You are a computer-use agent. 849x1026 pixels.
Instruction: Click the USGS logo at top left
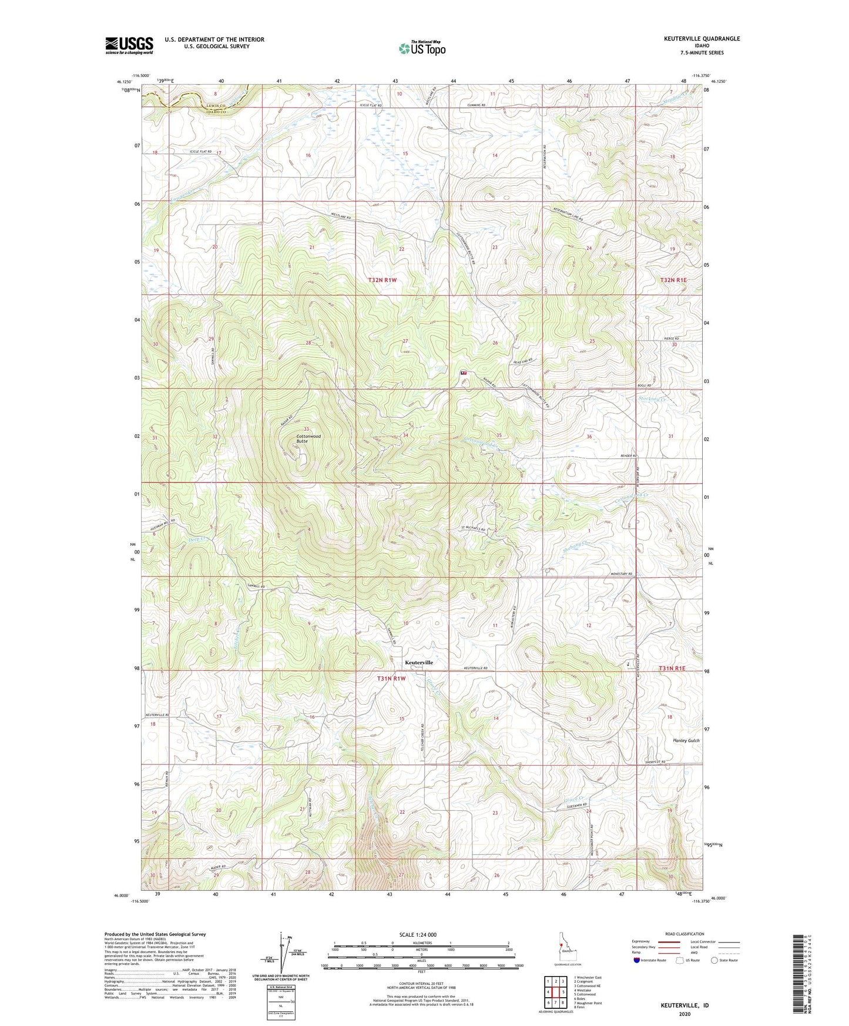tap(129, 45)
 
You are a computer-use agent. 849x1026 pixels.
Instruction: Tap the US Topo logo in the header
tap(422, 48)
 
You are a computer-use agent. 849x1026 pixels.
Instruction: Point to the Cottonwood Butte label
tap(308, 438)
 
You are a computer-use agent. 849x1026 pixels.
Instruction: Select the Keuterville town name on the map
tap(419, 662)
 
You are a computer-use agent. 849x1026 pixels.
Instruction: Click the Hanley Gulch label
tap(686, 740)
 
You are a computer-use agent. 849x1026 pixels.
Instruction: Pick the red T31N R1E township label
tap(672, 669)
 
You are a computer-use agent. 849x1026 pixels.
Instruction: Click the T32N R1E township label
tap(673, 280)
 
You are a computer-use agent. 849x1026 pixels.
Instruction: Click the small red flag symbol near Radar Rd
tap(464, 373)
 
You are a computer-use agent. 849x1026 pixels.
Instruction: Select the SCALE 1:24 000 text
tap(418, 935)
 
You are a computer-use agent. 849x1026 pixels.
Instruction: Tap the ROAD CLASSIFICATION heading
tap(684, 934)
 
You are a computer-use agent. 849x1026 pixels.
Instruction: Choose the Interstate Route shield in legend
tap(637, 961)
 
